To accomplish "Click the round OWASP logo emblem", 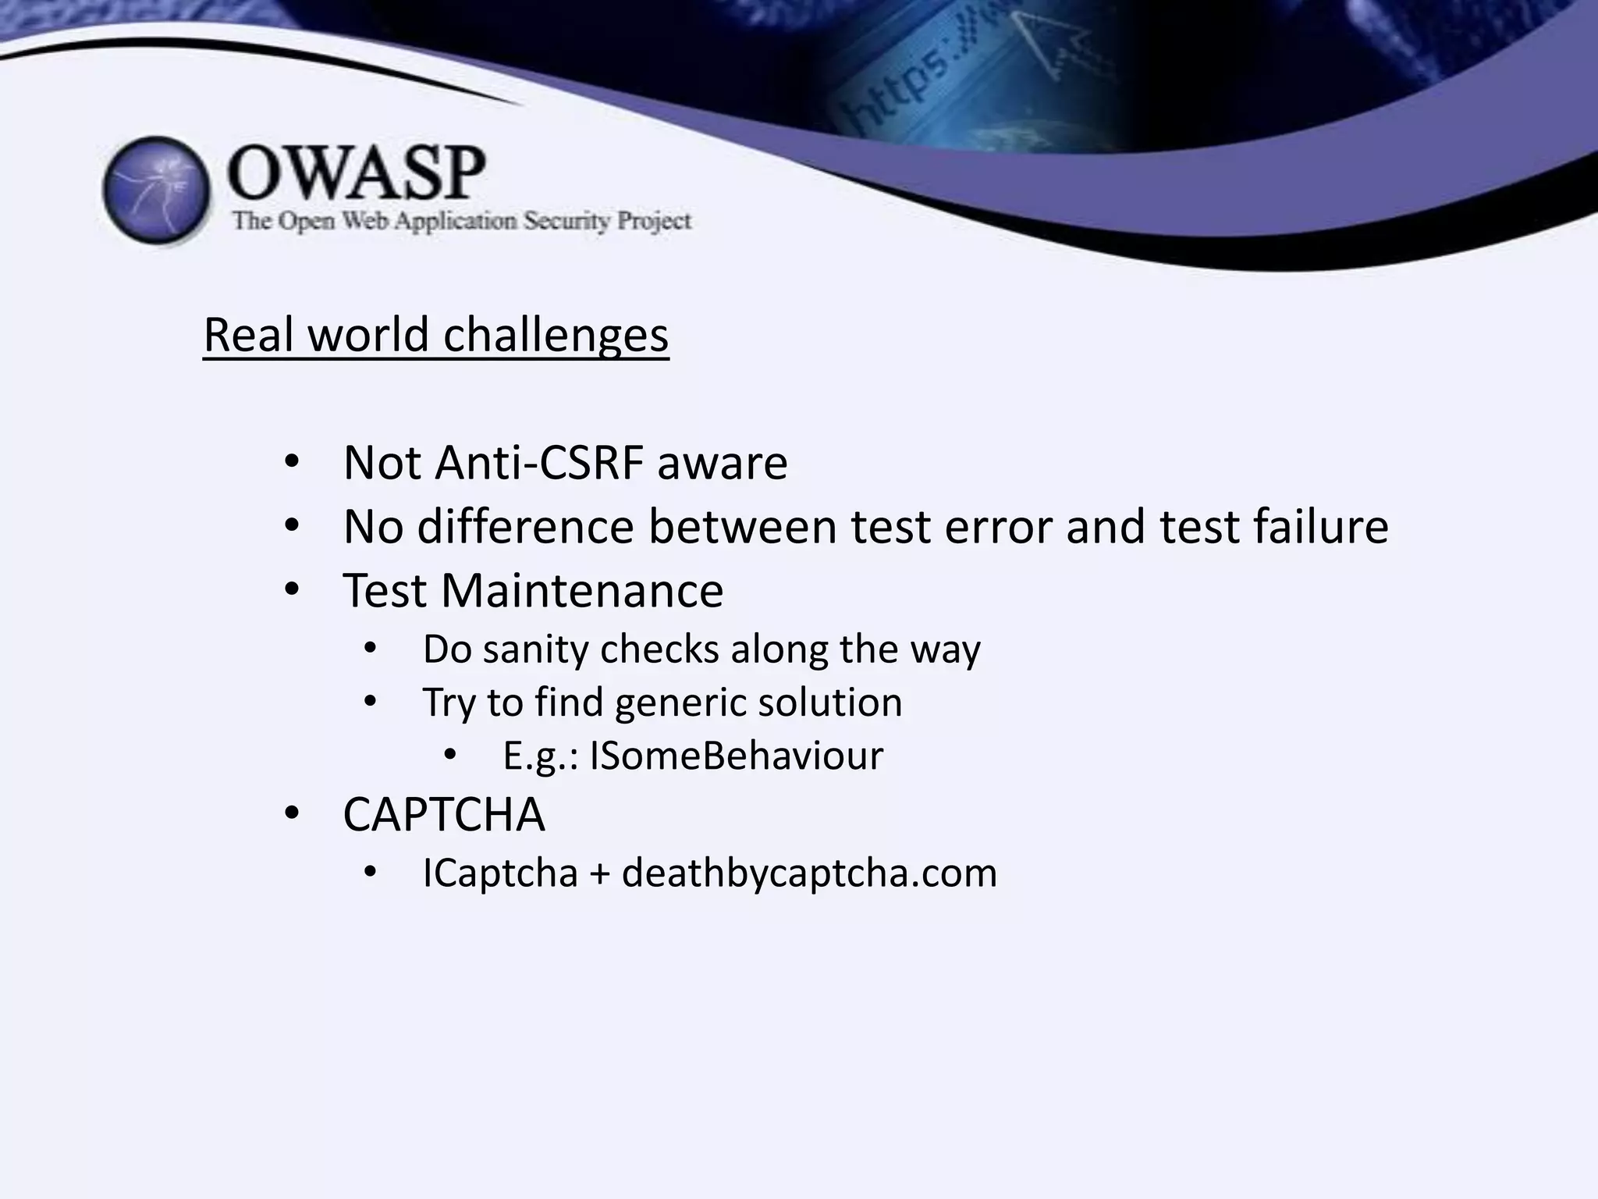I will coord(156,190).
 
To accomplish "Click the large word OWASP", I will coord(357,173).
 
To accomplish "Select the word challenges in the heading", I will coord(556,336).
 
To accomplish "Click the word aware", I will coord(722,463).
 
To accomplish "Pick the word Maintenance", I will coord(582,590).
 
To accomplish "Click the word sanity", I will coord(534,649).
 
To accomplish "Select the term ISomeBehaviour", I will coord(736,756).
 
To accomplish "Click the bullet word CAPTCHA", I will coord(444,815).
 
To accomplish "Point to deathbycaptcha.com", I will coord(809,873).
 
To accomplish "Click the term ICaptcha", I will coord(500,873).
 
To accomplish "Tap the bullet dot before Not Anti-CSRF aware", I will coord(292,462).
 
